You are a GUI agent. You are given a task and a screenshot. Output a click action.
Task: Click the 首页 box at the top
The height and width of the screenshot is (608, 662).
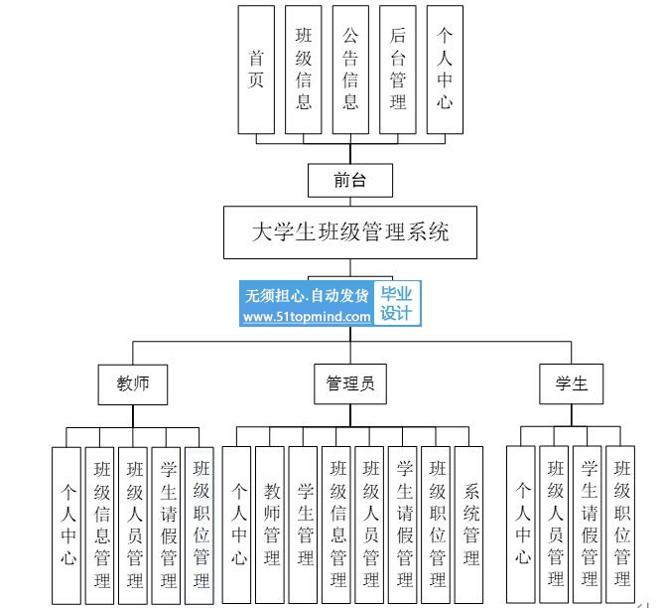pos(256,70)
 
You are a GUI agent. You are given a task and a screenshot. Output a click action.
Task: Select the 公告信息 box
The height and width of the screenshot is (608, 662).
pos(350,70)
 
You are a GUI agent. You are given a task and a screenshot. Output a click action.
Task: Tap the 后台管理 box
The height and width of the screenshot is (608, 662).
pos(398,70)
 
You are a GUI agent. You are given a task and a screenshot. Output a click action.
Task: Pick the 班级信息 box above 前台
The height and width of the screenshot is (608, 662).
pos(303,70)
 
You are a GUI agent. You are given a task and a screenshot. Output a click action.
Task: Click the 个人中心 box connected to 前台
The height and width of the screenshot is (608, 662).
pos(445,70)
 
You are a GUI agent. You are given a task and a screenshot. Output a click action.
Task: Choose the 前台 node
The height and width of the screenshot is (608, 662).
pos(350,181)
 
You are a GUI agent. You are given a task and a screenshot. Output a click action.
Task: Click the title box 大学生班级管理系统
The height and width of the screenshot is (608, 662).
pos(350,232)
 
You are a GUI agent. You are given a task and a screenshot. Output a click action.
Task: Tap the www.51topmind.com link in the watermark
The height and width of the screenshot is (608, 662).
pos(307,317)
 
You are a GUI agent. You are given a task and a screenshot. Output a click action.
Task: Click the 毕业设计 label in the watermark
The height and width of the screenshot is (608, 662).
pos(396,303)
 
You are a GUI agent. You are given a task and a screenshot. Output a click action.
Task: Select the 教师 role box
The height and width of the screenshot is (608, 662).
pos(133,384)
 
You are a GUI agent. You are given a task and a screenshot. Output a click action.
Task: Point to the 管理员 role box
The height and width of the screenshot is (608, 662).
pos(350,384)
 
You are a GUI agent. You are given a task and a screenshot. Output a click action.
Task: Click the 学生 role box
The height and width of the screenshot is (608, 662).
pos(572,384)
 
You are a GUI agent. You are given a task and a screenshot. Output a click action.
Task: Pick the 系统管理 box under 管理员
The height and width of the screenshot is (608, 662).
pos(468,525)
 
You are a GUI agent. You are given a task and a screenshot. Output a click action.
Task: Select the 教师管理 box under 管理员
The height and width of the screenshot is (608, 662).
pos(269,525)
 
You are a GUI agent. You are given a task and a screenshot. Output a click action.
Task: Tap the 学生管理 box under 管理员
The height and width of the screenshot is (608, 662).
pos(303,525)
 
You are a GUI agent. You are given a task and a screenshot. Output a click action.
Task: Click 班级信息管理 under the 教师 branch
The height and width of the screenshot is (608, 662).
pos(99,526)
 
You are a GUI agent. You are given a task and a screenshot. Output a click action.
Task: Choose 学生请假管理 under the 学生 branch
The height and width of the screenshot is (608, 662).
pos(587,524)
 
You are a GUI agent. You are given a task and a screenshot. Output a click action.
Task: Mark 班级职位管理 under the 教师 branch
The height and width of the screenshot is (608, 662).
pos(199,526)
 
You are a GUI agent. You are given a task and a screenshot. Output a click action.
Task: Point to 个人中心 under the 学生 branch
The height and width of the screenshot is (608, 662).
pos(520,524)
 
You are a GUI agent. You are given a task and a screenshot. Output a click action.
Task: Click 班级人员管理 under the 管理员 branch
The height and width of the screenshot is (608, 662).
pos(369,525)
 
